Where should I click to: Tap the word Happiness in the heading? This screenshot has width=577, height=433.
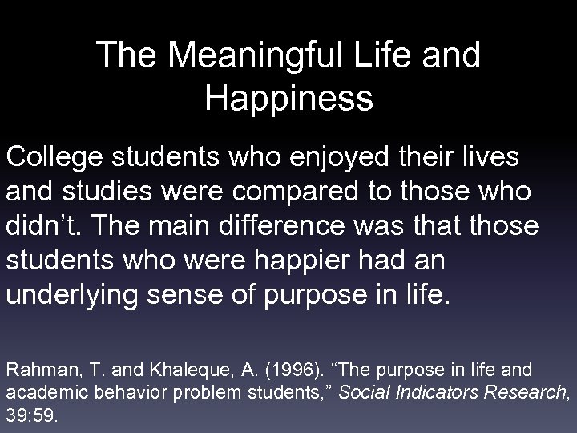click(x=288, y=99)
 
